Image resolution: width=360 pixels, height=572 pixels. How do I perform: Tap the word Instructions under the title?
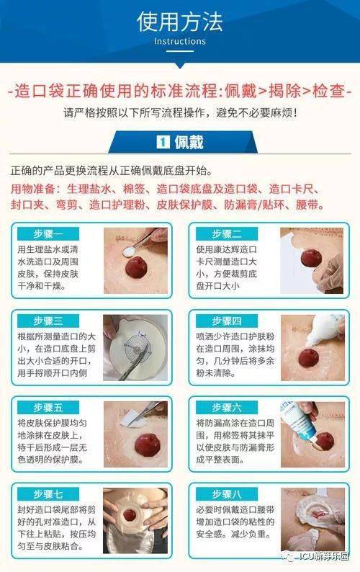pos(179,41)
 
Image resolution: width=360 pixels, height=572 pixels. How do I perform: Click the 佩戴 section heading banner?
pos(180,142)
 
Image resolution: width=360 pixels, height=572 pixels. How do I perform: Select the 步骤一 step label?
pos(48,233)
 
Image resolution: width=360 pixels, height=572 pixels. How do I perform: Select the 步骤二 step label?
pos(227,233)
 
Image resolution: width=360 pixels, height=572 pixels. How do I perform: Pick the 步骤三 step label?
pos(48,321)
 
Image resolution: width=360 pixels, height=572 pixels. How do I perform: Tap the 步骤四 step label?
pos(227,321)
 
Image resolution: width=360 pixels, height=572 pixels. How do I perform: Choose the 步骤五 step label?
pos(48,407)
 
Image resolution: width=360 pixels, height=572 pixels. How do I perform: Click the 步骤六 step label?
pos(227,407)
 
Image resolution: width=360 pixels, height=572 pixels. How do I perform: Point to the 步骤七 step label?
pos(48,494)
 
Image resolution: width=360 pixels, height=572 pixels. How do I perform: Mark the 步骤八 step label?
pos(227,494)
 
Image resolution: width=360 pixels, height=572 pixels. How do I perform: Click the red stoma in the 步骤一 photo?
pos(135,273)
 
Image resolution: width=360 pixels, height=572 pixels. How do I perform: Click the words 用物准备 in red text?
pos(33,189)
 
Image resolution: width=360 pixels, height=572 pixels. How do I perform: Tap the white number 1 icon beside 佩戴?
pos(163,142)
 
